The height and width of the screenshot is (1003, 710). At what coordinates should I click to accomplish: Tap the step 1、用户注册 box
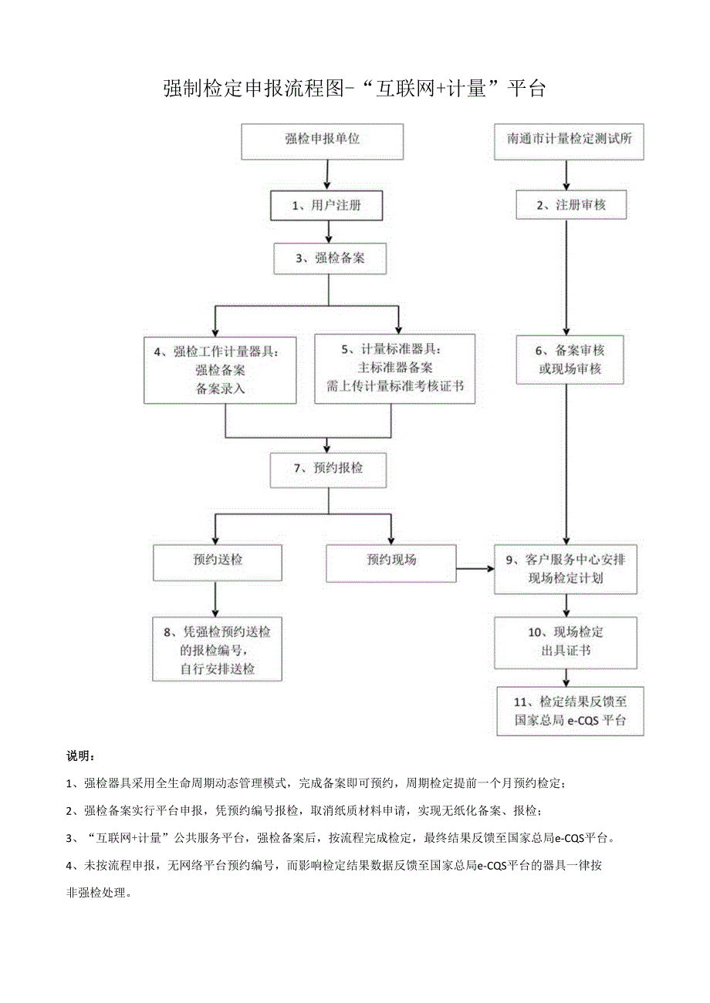pos(326,205)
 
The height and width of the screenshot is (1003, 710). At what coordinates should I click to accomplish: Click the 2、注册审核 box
pos(570,205)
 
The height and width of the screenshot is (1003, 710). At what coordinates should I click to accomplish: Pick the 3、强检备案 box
pos(330,258)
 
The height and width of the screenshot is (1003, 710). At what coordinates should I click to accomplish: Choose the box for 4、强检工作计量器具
pos(220,369)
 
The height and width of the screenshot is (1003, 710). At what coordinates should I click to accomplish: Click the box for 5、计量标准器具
pos(395,369)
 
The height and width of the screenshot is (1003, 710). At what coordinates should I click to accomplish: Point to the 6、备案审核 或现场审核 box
pos(570,360)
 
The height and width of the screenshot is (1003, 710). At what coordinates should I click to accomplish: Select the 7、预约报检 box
pos(328,470)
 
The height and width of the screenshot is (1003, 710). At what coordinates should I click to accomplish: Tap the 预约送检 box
pos(217,562)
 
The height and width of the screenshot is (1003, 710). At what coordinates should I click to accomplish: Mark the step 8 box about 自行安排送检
pos(217,650)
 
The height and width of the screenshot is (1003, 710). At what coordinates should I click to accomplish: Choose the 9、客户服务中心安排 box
pos(566,570)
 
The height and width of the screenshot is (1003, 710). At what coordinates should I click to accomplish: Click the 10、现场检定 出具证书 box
pos(566,641)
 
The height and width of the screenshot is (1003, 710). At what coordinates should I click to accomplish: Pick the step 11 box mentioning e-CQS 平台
pos(570,711)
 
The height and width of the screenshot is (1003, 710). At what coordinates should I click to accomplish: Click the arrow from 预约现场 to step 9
pos(475,570)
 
